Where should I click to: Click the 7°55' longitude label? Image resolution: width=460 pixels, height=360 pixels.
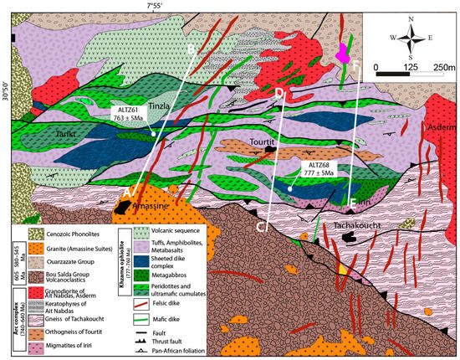coord(160,6)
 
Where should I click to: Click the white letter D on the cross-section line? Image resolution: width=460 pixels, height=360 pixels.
coord(280,92)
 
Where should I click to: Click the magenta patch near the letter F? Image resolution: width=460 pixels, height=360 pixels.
coord(342,54)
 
